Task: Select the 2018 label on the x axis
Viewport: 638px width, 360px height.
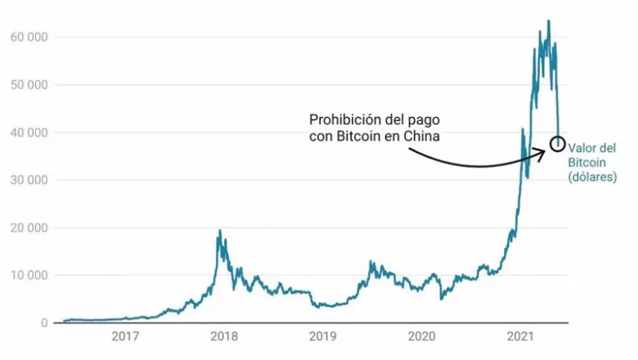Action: coord(223,336)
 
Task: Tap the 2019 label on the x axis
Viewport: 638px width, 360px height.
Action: coord(322,336)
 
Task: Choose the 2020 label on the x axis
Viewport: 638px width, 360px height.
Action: coord(421,336)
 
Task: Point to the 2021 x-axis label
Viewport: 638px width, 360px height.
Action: coord(521,336)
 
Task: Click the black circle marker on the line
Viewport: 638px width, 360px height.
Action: coord(557,143)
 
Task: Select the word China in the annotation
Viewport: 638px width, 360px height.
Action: coord(423,136)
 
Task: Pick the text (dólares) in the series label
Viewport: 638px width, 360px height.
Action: coord(593,177)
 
